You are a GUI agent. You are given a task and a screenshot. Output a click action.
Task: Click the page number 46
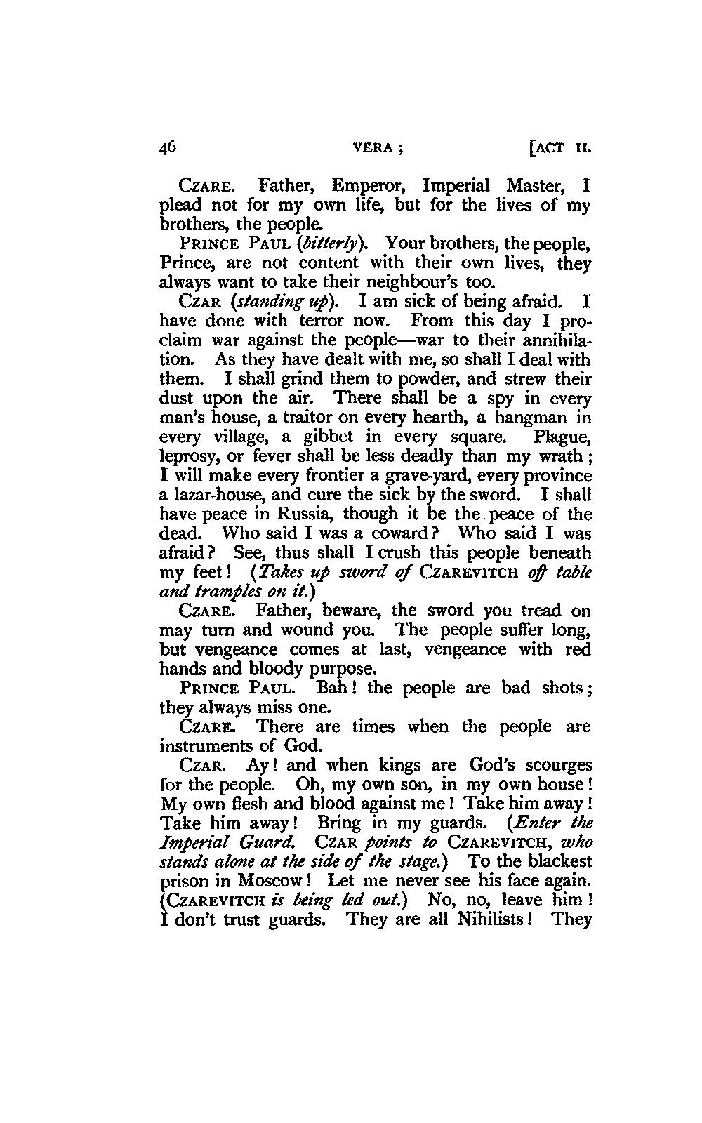coord(169,147)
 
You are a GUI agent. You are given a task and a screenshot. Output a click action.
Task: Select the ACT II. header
coord(561,149)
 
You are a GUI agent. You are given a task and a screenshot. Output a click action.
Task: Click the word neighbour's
coord(413,283)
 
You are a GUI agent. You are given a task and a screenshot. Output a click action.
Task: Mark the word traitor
coord(287,418)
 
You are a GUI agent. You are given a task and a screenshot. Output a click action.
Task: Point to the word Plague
coord(562,437)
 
